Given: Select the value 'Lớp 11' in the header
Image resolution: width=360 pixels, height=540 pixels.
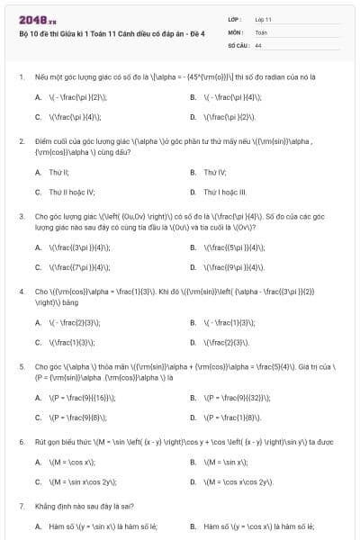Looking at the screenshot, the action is pyautogui.click(x=264, y=19).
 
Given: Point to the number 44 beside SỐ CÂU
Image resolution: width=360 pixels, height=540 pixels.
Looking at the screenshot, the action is pyautogui.click(x=258, y=44).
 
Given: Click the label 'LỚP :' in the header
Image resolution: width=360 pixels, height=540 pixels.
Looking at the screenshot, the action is pyautogui.click(x=235, y=19).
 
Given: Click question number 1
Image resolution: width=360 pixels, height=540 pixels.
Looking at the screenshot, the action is pyautogui.click(x=21, y=78).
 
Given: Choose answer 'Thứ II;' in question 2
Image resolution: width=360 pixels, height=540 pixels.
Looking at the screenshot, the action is pyautogui.click(x=58, y=171).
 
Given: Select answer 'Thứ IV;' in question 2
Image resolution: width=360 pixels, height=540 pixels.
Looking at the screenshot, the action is pyautogui.click(x=214, y=171).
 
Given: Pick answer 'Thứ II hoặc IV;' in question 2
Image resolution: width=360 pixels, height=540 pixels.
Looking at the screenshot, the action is pyautogui.click(x=70, y=192).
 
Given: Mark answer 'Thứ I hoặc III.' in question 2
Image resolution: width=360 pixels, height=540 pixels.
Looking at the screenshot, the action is pyautogui.click(x=224, y=192).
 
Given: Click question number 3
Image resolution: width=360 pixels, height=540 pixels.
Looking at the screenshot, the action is pyautogui.click(x=21, y=216).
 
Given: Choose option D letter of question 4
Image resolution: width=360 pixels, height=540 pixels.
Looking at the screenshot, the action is pyautogui.click(x=193, y=342).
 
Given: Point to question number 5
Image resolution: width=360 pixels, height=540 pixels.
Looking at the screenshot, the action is pyautogui.click(x=21, y=366).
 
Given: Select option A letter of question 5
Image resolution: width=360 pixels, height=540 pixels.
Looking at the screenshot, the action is pyautogui.click(x=38, y=397).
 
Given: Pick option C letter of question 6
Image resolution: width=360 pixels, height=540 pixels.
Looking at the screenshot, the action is pyautogui.click(x=38, y=481).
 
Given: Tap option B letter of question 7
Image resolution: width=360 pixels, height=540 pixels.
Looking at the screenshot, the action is pyautogui.click(x=193, y=526).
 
